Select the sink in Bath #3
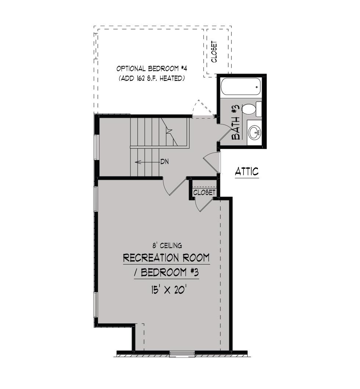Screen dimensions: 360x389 [x=255, y=132]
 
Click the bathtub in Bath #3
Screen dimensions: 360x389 [x=241, y=87]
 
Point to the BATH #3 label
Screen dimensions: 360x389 [x=235, y=122]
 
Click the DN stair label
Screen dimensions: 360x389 [x=165, y=162]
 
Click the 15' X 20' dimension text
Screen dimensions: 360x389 [x=169, y=290]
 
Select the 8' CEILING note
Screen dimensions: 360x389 [x=167, y=246]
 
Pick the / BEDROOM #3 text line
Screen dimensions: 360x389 [x=166, y=272]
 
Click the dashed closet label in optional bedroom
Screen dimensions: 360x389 [x=214, y=52]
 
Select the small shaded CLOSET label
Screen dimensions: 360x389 [x=204, y=192]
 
